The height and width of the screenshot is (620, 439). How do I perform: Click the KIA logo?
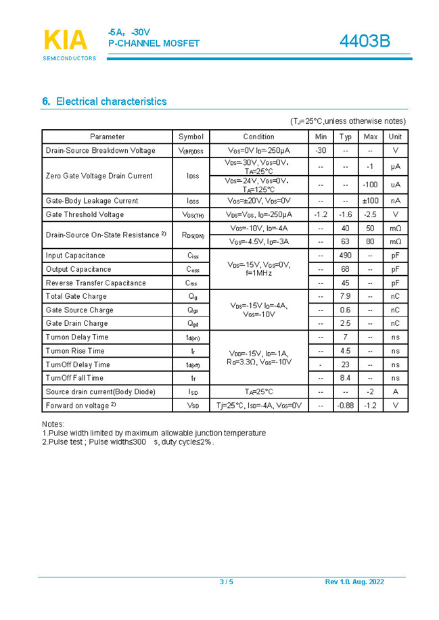pyautogui.click(x=66, y=41)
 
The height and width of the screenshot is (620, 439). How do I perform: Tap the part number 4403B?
pyautogui.click(x=364, y=41)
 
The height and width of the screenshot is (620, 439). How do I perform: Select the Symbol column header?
pyautogui.click(x=191, y=137)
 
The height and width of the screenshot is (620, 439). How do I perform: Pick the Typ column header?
pyautogui.click(x=345, y=137)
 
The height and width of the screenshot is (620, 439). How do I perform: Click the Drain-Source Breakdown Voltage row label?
pyautogui.click(x=100, y=150)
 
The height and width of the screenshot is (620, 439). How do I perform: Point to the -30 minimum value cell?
pyautogui.click(x=321, y=150)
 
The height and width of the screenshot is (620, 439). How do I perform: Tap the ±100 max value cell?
pyautogui.click(x=370, y=201)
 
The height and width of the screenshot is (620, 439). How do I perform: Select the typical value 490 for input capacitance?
pyautogui.click(x=345, y=256)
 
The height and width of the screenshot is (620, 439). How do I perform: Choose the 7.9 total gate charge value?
pyautogui.click(x=345, y=296)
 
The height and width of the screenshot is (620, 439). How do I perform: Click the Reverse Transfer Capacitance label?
pyautogui.click(x=95, y=283)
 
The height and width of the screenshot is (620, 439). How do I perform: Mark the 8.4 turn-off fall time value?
pyautogui.click(x=345, y=378)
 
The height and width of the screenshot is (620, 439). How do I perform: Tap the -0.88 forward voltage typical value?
pyautogui.click(x=345, y=405)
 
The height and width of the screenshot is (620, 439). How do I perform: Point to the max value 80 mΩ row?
pyautogui.click(x=370, y=241)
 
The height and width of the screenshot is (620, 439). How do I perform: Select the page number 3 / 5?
pyautogui.click(x=226, y=582)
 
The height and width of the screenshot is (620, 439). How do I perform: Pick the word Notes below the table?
pyautogui.click(x=53, y=424)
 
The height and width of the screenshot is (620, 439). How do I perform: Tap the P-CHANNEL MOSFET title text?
pyautogui.click(x=154, y=44)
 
